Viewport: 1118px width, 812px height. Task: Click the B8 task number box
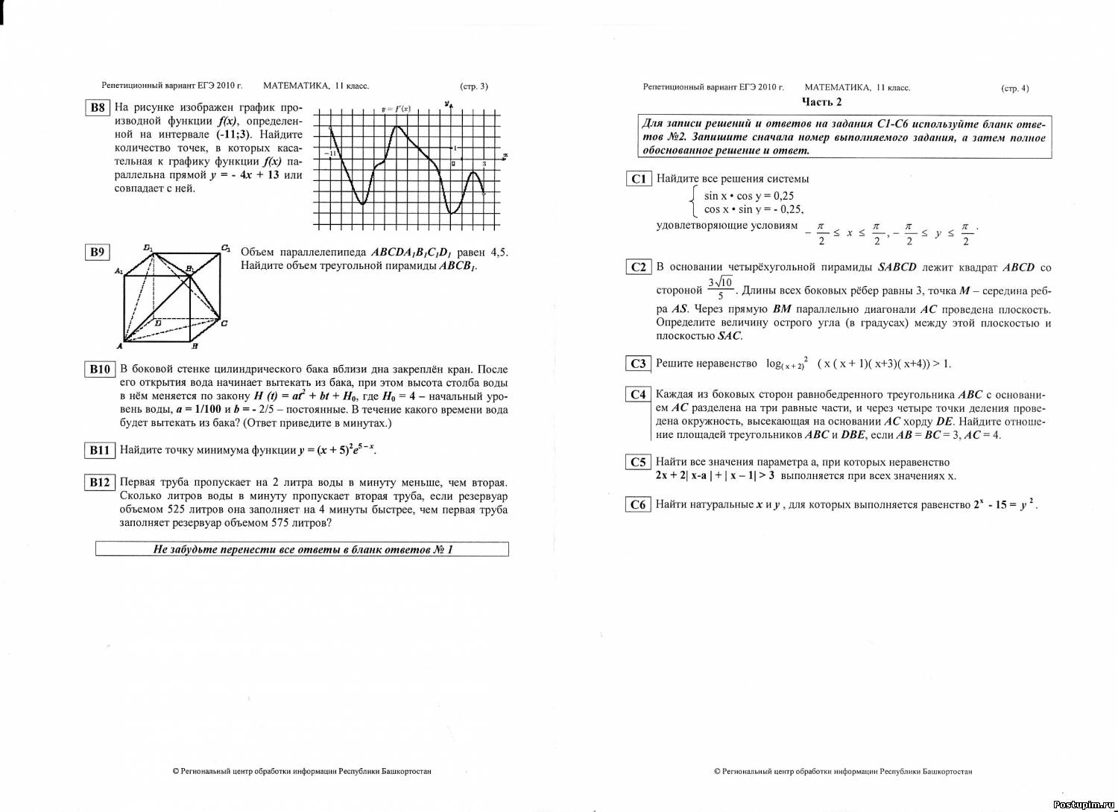(x=98, y=107)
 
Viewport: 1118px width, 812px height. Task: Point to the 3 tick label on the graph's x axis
(x=484, y=164)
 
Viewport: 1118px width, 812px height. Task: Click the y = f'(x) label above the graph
(x=396, y=110)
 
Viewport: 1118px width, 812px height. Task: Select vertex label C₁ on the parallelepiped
(x=226, y=249)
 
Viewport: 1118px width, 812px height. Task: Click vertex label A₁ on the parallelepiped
(x=119, y=272)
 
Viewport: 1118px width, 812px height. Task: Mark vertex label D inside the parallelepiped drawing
(x=157, y=323)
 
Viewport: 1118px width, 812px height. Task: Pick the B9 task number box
(x=98, y=252)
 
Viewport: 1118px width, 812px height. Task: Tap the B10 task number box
(x=100, y=369)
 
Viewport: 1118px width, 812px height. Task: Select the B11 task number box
(x=100, y=450)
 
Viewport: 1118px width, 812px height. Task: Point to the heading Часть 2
(x=821, y=102)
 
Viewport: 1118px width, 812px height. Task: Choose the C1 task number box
(x=639, y=179)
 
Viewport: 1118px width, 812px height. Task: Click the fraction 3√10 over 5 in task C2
(x=721, y=288)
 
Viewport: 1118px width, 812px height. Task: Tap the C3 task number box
(x=639, y=364)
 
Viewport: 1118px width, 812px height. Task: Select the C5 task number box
(x=639, y=462)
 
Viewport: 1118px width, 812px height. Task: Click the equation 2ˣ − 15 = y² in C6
(x=1005, y=504)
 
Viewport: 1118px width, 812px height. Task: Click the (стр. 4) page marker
(x=1014, y=88)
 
